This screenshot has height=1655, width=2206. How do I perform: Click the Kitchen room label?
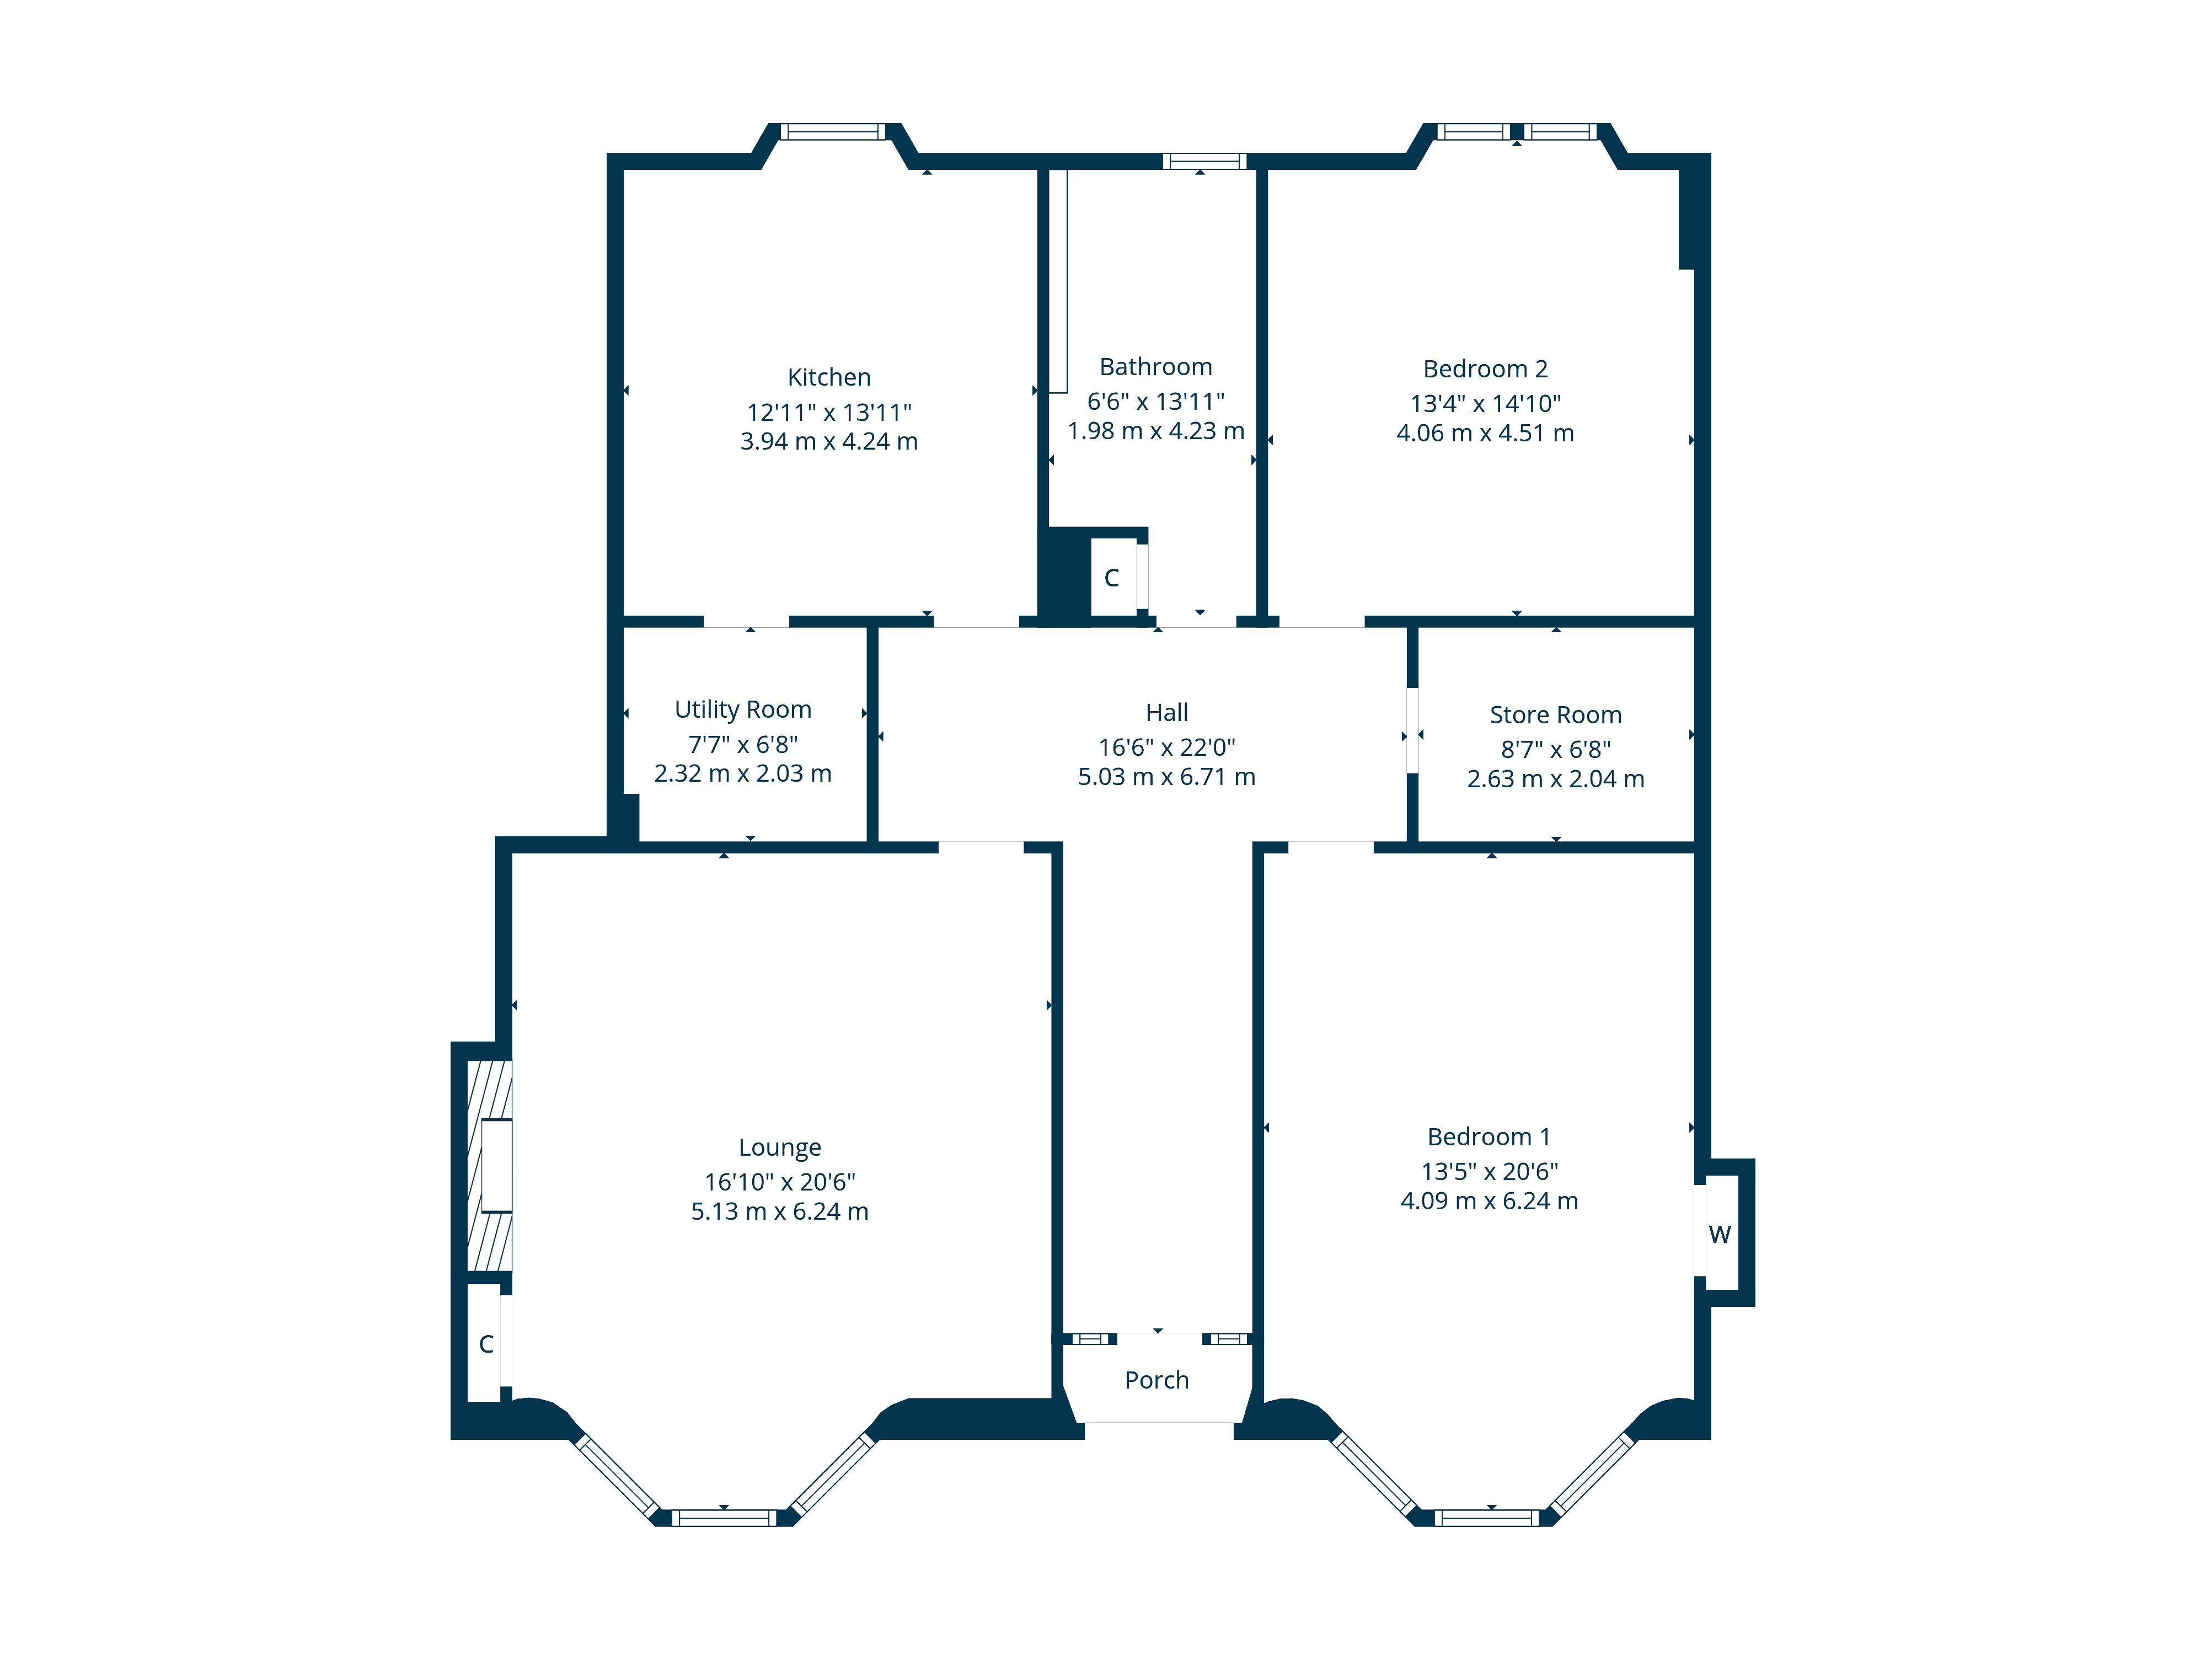pyautogui.click(x=829, y=377)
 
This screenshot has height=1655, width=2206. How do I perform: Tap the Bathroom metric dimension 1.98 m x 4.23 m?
pyautogui.click(x=1156, y=431)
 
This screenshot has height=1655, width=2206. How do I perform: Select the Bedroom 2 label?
pyautogui.click(x=1485, y=369)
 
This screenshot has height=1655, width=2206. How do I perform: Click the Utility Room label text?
pyautogui.click(x=743, y=709)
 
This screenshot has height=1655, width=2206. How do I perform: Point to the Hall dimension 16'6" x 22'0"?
pyautogui.click(x=1167, y=747)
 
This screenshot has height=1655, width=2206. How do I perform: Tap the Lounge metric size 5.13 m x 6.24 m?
pyautogui.click(x=780, y=1211)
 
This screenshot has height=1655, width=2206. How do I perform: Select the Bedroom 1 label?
pyautogui.click(x=1488, y=1136)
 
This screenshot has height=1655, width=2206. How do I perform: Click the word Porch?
pyautogui.click(x=1157, y=1380)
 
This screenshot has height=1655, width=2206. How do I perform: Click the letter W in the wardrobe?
pyautogui.click(x=1720, y=1234)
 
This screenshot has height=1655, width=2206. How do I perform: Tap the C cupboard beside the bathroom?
pyautogui.click(x=1112, y=578)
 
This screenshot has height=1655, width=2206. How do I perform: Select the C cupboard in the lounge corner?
pyautogui.click(x=486, y=1344)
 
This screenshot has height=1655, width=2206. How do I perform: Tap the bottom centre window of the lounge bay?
pyautogui.click(x=724, y=1518)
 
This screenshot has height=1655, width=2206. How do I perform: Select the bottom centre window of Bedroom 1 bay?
pyautogui.click(x=1487, y=1518)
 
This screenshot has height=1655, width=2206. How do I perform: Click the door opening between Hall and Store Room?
pyautogui.click(x=1412, y=730)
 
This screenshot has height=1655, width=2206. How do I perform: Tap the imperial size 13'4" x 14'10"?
pyautogui.click(x=1485, y=403)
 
